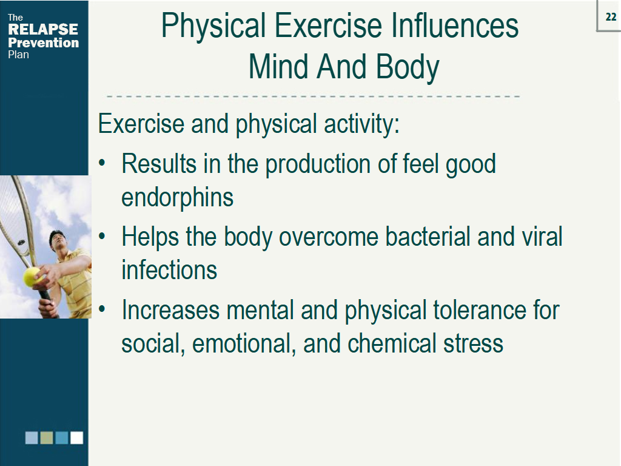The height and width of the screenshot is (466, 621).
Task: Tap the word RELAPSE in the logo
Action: (43, 30)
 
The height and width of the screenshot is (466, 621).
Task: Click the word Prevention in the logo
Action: (43, 42)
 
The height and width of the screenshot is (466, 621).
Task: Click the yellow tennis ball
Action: (32, 277)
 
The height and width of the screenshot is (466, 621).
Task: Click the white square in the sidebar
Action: (76, 437)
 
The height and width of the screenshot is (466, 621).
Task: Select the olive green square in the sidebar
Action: (47, 437)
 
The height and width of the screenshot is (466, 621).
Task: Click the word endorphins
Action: (177, 197)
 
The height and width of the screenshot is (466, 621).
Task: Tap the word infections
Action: (169, 269)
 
